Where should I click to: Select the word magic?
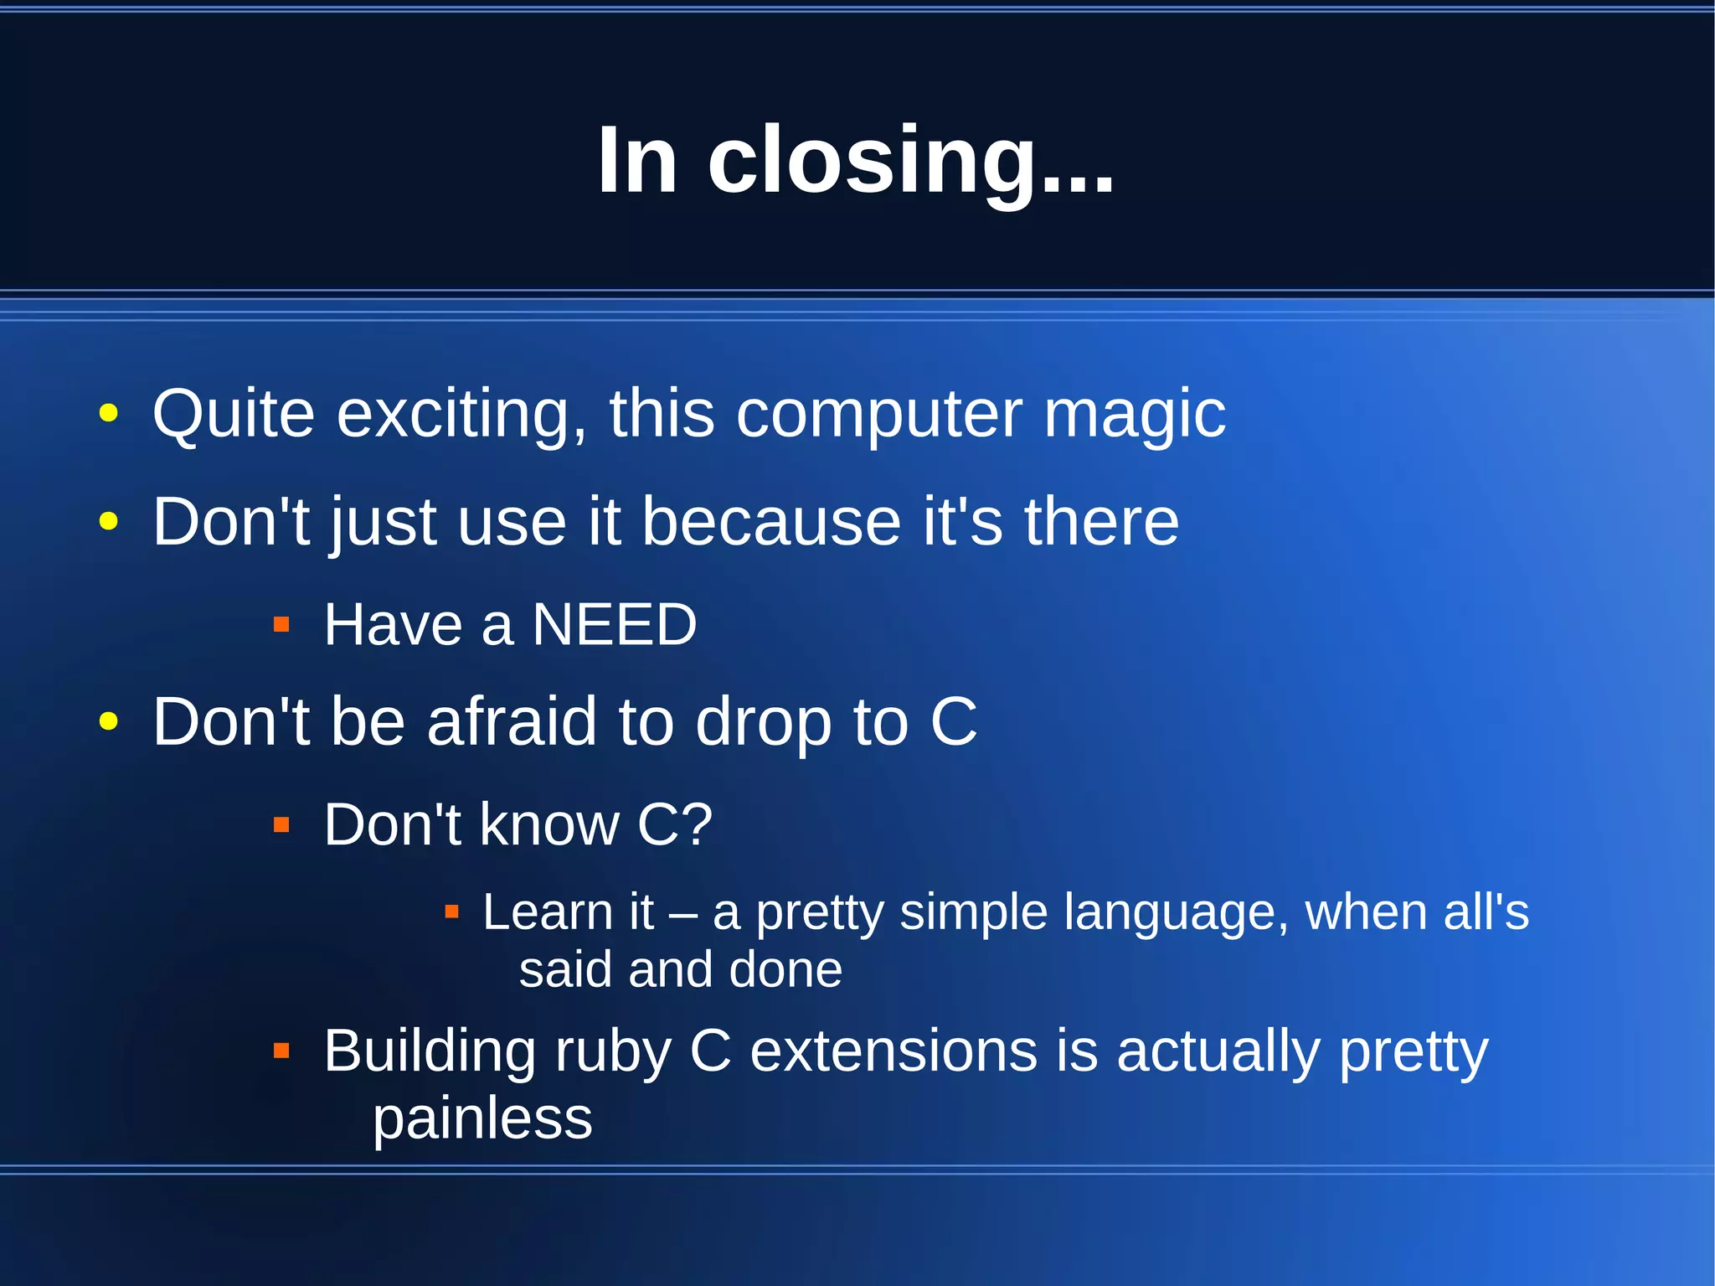1135,415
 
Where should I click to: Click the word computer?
879,415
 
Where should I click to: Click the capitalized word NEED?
615,625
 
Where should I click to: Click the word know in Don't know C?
548,824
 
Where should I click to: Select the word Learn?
547,912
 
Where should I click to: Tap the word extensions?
894,1051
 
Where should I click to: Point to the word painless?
482,1119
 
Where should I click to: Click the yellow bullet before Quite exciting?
108,413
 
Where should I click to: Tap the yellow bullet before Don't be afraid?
108,721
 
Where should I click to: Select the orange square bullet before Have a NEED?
281,625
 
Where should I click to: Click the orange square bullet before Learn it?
451,912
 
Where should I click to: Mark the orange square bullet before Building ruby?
281,1051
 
